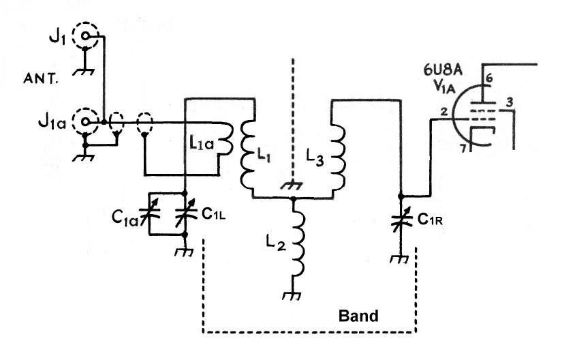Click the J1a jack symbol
(85, 121)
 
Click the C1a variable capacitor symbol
(150, 211)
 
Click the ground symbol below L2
(293, 295)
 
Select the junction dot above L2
(293, 198)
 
